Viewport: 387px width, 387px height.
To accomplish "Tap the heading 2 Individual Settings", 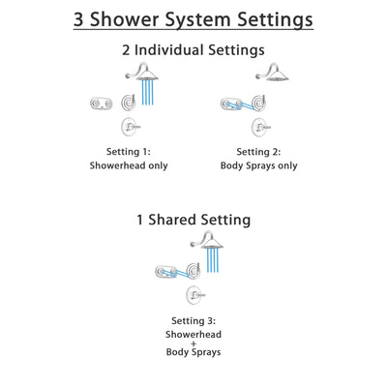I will pos(193,49).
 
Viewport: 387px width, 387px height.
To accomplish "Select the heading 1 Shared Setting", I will pos(193,222).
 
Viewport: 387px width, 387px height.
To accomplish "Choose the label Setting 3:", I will pos(193,320).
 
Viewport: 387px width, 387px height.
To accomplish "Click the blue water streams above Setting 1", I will pos(147,93).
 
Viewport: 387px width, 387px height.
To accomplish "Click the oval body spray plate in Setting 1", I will pos(99,104).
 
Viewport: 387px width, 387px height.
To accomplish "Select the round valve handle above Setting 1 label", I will pos(126,127).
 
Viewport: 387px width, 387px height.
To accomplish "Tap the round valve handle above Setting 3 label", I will pos(194,295).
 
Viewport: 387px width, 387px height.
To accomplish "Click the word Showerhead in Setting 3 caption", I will pos(193,335).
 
